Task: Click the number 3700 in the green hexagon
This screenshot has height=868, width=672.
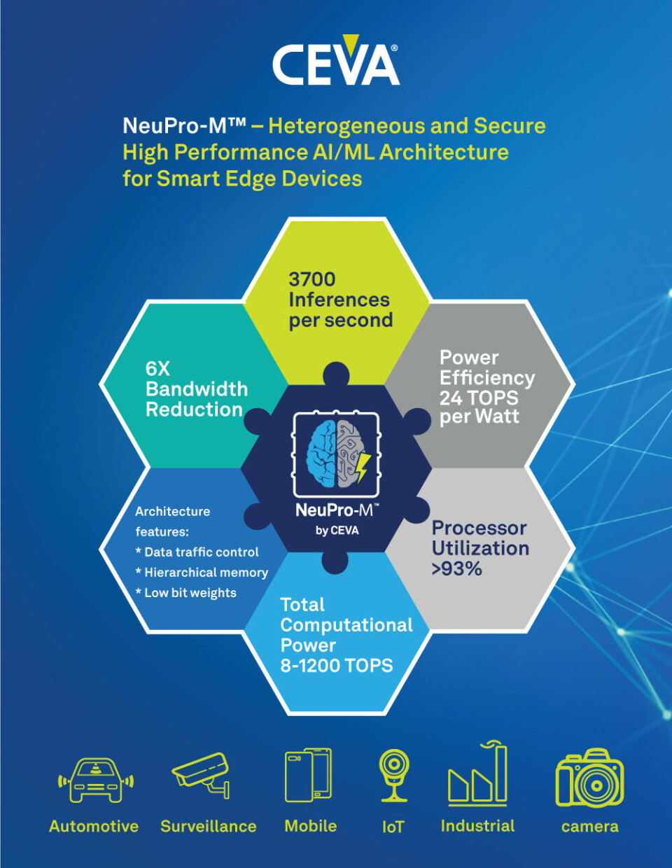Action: point(312,279)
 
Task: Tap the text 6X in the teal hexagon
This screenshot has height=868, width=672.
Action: point(157,369)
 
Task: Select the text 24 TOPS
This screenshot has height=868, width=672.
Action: point(479,398)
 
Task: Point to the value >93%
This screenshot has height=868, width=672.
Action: point(457,569)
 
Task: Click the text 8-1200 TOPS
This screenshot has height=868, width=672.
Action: point(337,666)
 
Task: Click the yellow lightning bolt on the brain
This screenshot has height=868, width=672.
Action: point(363,467)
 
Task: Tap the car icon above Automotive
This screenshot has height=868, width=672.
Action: point(95,780)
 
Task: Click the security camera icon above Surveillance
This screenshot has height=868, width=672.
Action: point(202,773)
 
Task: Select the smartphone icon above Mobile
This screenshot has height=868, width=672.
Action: point(308,775)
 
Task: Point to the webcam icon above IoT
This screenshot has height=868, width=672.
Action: point(394,774)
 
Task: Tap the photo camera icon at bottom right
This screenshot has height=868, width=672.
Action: point(589,778)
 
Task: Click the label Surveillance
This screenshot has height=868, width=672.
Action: point(209,827)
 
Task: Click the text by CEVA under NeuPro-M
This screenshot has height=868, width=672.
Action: point(337,531)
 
